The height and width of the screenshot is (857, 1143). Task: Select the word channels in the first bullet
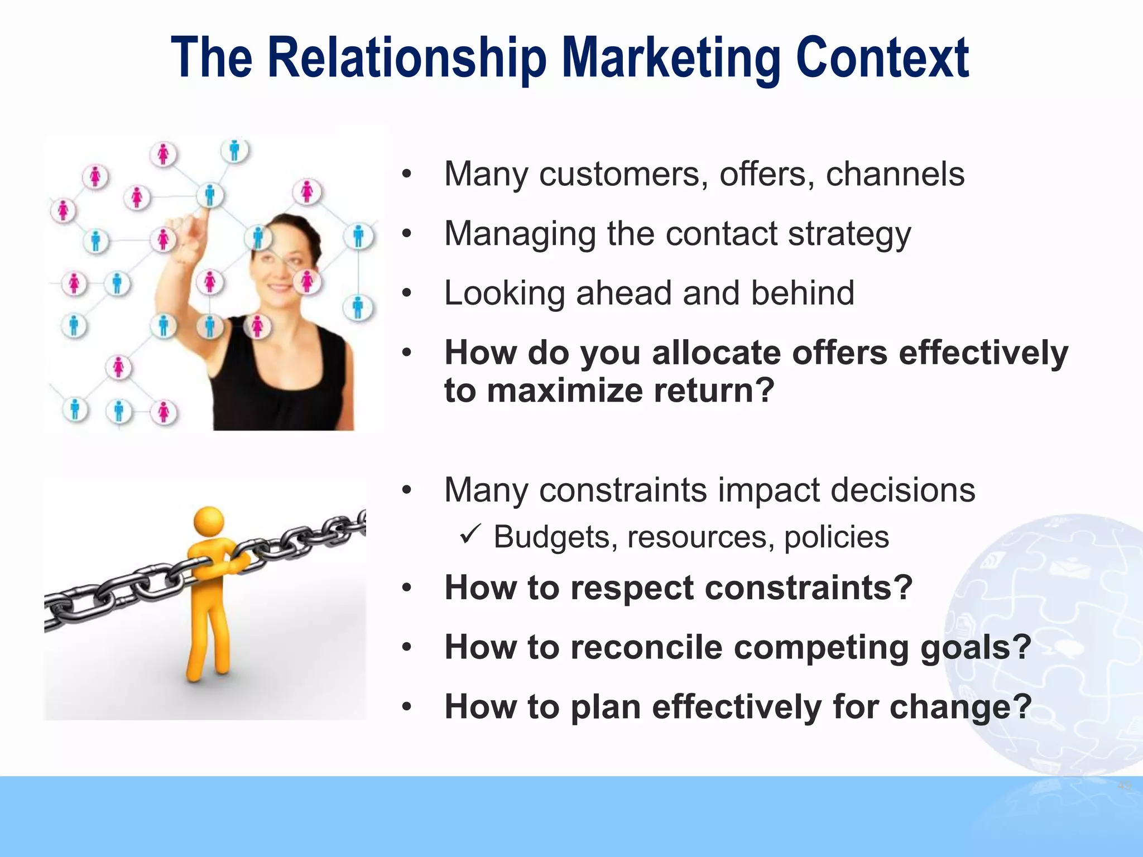(x=895, y=174)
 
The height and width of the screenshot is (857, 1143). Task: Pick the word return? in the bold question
(x=714, y=390)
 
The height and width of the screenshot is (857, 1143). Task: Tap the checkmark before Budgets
(x=468, y=536)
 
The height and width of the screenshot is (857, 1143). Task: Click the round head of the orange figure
(x=209, y=522)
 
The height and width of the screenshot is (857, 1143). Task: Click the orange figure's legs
(x=208, y=636)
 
